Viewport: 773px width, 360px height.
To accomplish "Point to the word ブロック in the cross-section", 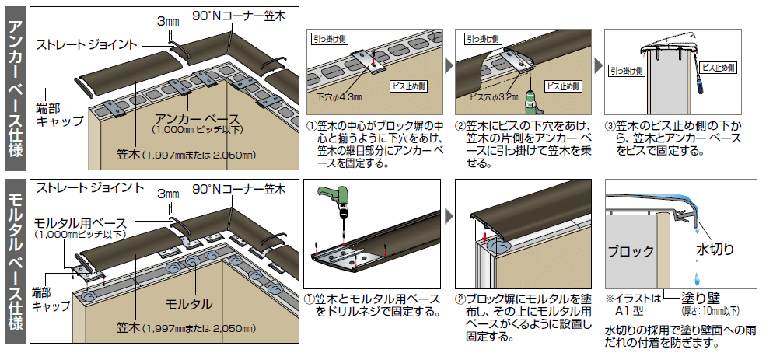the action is pos(631,251).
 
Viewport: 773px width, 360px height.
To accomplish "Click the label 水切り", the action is pos(715,249).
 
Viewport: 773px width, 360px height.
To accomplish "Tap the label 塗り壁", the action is pos(701,299).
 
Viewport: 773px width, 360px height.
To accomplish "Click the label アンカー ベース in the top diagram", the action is pos(197,119).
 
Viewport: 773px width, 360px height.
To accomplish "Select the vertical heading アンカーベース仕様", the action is pos(16,89).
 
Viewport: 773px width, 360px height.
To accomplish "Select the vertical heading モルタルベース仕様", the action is pos(16,261).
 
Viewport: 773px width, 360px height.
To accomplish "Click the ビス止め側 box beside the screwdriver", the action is pos(719,68).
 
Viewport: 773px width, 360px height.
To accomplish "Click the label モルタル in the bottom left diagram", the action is pos(189,303).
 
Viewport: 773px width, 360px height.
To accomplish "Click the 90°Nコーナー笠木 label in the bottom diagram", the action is pos(239,189).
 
